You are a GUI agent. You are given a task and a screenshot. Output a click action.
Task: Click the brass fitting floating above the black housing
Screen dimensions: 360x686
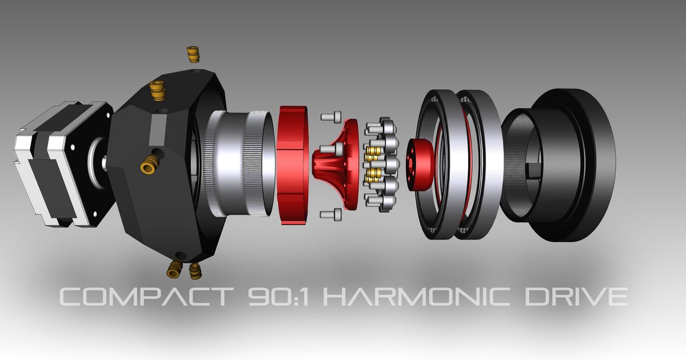pyautogui.click(x=192, y=54)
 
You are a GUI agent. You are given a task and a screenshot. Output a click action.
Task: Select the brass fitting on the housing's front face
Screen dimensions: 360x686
pyautogui.click(x=149, y=166)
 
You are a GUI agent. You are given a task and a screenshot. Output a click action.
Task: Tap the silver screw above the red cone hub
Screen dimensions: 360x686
pyautogui.click(x=330, y=117)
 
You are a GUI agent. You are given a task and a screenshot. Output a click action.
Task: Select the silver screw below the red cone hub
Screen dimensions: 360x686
pyautogui.click(x=330, y=214)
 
